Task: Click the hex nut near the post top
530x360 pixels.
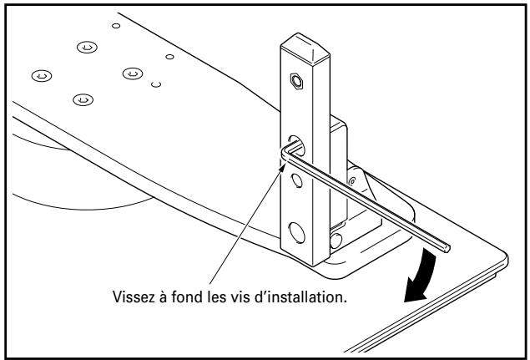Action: click(295, 81)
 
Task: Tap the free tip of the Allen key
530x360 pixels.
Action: click(448, 247)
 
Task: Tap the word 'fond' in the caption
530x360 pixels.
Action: click(204, 298)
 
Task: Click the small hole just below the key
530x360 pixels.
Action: click(296, 179)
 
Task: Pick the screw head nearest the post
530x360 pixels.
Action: click(131, 74)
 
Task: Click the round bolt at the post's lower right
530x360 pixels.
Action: click(336, 240)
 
